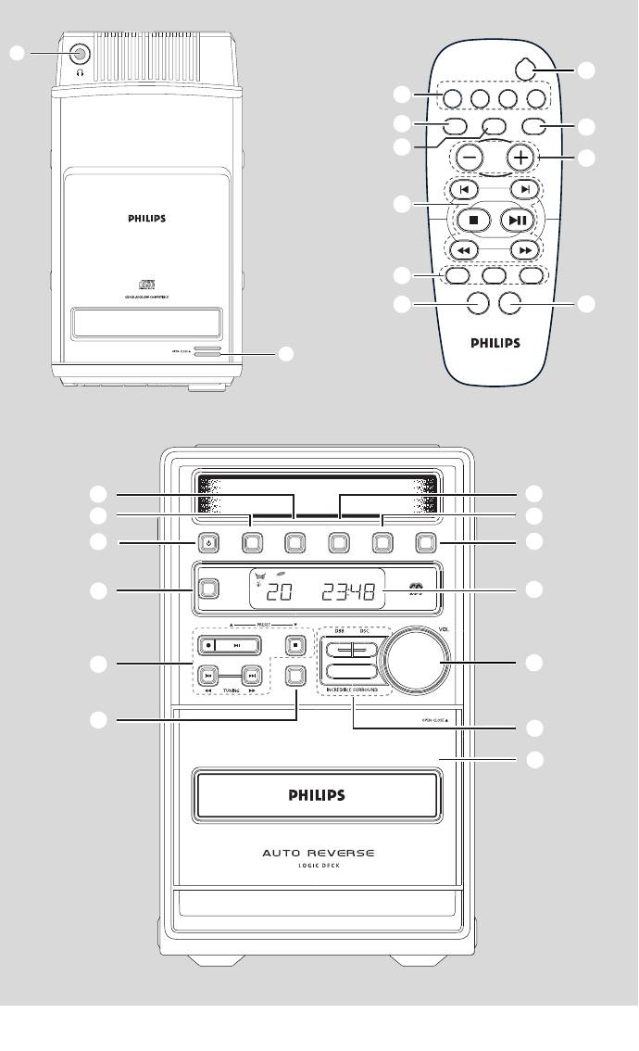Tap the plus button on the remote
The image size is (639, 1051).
click(x=522, y=158)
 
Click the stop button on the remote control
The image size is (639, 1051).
click(x=472, y=221)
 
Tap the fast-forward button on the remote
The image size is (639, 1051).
click(x=524, y=250)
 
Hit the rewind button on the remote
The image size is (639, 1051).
click(x=462, y=250)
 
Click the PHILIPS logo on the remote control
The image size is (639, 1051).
click(x=495, y=342)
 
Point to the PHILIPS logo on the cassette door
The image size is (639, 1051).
click(x=314, y=794)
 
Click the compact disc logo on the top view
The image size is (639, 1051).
click(x=144, y=283)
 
